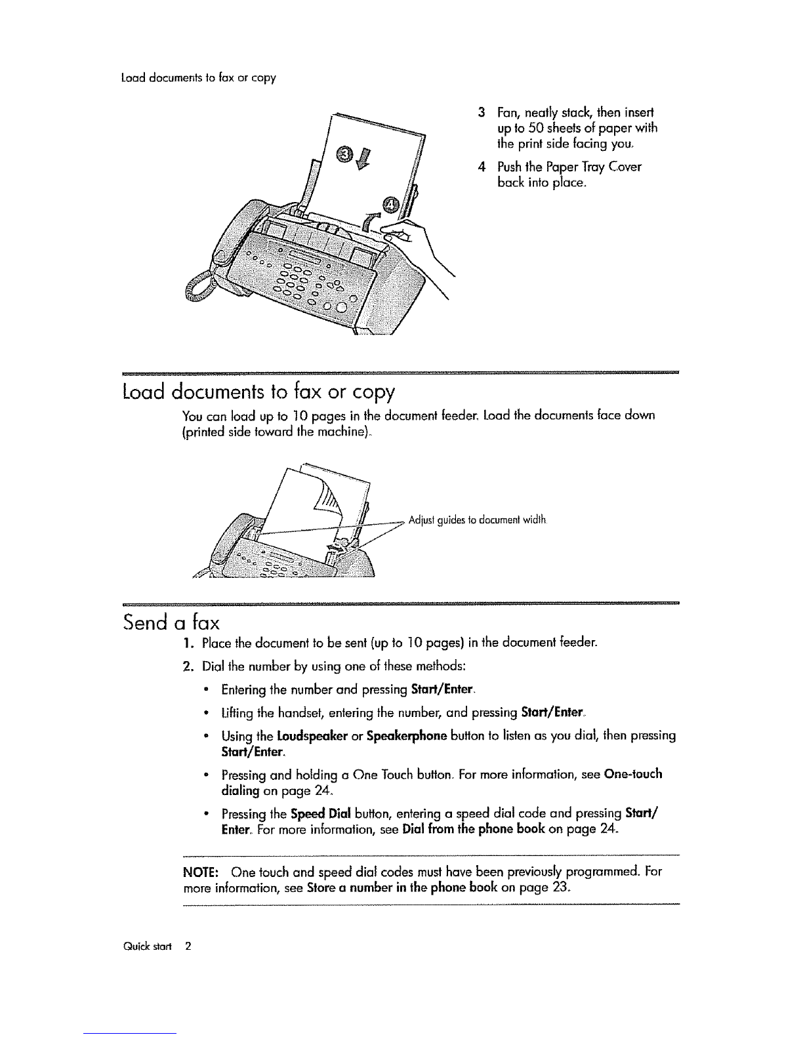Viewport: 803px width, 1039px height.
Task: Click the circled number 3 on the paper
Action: pyautogui.click(x=345, y=154)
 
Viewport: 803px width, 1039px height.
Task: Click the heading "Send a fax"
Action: pyautogui.click(x=171, y=622)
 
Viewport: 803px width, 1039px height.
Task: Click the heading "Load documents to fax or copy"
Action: pyautogui.click(x=258, y=392)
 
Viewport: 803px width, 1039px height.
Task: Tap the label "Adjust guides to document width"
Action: pyautogui.click(x=477, y=519)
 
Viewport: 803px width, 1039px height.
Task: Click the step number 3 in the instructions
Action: pyautogui.click(x=482, y=113)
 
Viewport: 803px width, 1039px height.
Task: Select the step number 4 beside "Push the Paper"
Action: pyautogui.click(x=482, y=167)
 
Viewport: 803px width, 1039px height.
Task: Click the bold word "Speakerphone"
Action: pyautogui.click(x=407, y=736)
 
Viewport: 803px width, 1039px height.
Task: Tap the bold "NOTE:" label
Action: pyautogui.click(x=201, y=872)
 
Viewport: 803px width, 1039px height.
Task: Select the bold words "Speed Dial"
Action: pyautogui.click(x=320, y=814)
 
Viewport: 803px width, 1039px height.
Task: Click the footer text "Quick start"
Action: pyautogui.click(x=147, y=947)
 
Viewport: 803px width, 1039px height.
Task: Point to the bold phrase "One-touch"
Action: pyautogui.click(x=633, y=773)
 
